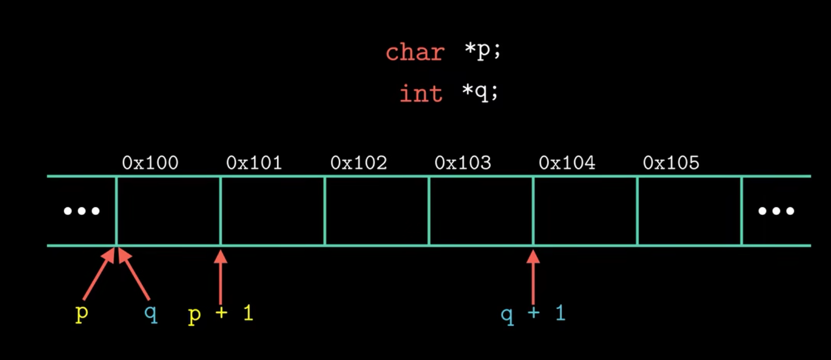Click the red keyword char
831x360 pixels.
pyautogui.click(x=415, y=52)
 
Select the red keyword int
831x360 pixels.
pyautogui.click(x=421, y=94)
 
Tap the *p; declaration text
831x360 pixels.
pyautogui.click(x=482, y=51)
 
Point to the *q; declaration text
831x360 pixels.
pyautogui.click(x=480, y=93)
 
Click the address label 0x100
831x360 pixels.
pyautogui.click(x=150, y=163)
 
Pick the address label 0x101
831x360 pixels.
pyautogui.click(x=254, y=163)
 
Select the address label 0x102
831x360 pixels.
pyautogui.click(x=359, y=163)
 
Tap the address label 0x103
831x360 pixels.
pyautogui.click(x=463, y=163)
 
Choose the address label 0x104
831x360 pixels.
pyautogui.click(x=567, y=163)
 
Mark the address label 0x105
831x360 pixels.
pyautogui.click(x=671, y=163)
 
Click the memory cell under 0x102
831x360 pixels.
pyautogui.click(x=377, y=211)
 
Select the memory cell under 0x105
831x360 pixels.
pyautogui.click(x=689, y=211)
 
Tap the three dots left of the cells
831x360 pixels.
pyautogui.click(x=81, y=211)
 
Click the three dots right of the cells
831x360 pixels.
pyautogui.click(x=776, y=211)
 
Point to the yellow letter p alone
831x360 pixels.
pyautogui.click(x=82, y=313)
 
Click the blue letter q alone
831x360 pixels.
pyautogui.click(x=151, y=313)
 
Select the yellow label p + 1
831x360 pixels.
pyautogui.click(x=221, y=313)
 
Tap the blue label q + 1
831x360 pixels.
pyautogui.click(x=533, y=313)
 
